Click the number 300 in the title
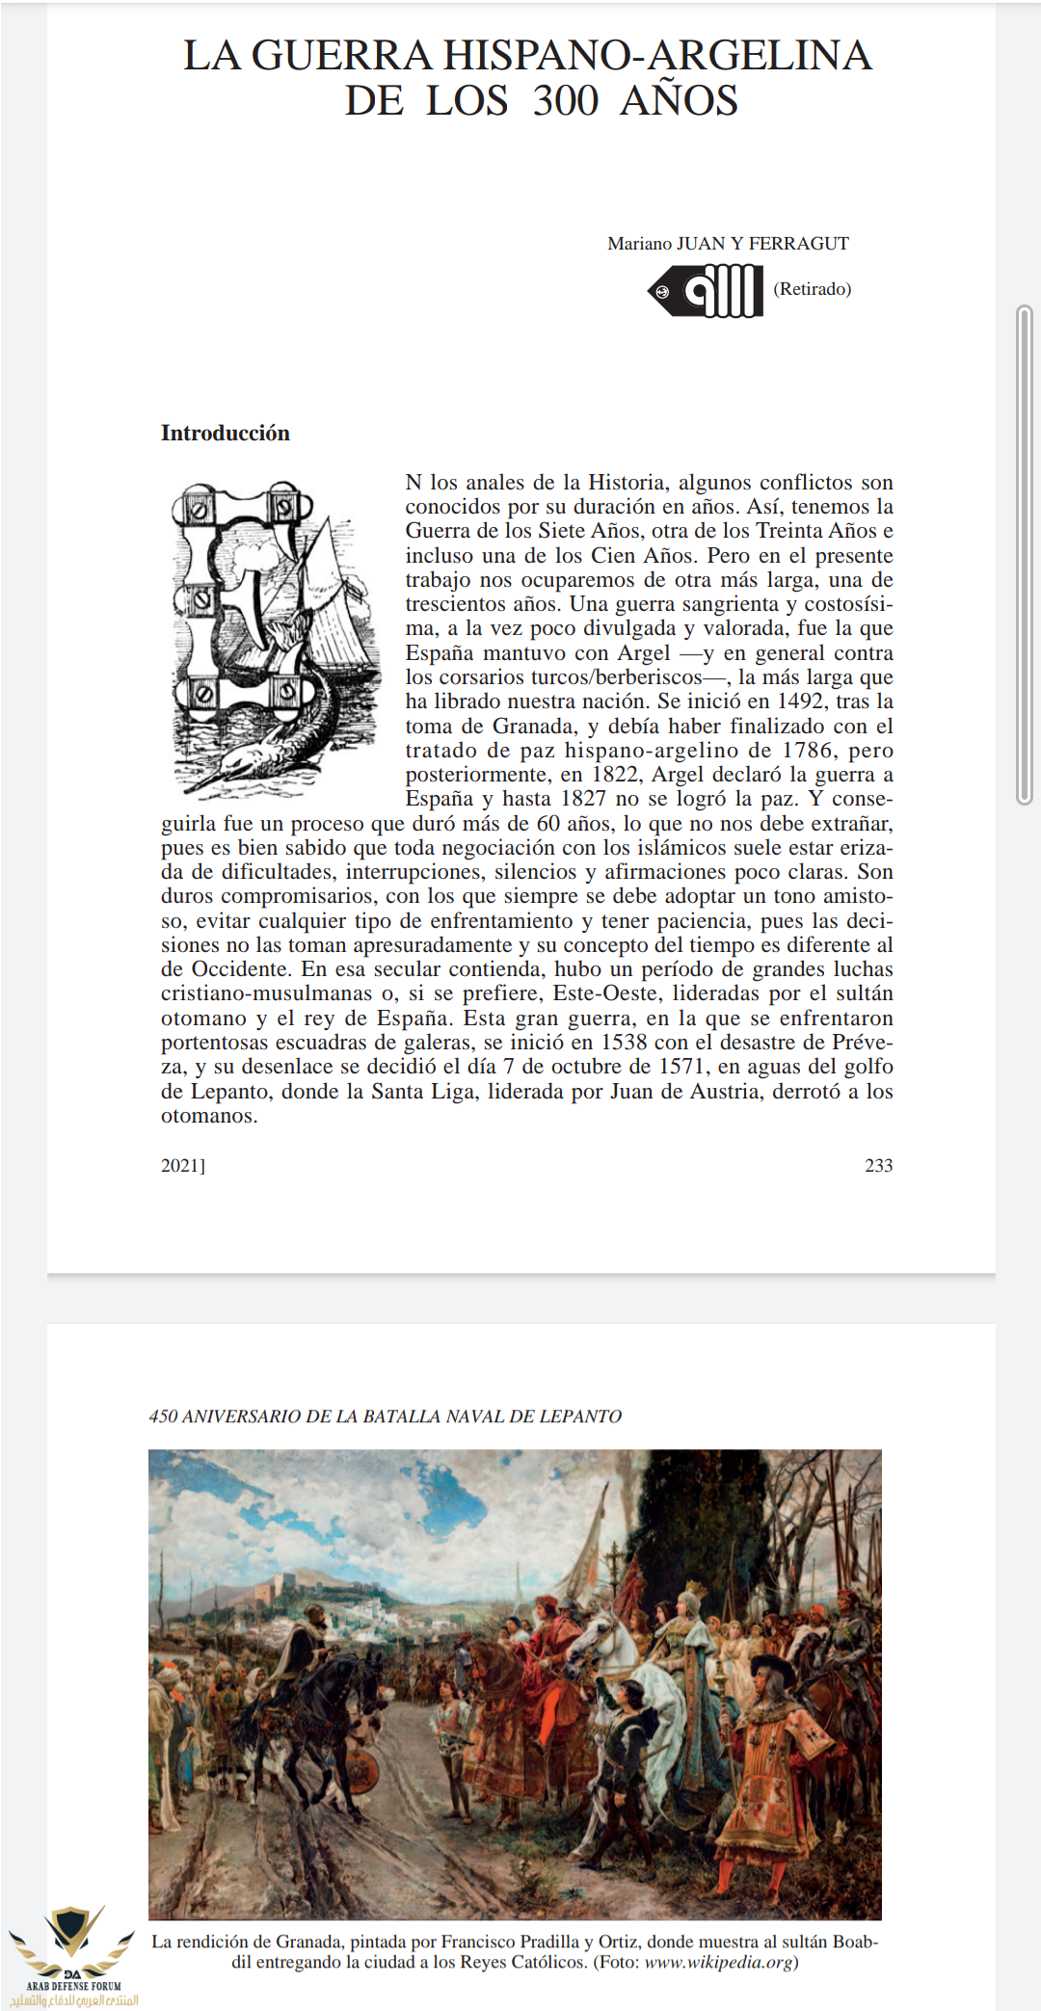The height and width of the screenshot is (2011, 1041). click(x=566, y=101)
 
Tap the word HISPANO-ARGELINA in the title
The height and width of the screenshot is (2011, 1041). click(x=657, y=56)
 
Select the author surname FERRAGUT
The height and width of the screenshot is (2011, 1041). click(x=799, y=244)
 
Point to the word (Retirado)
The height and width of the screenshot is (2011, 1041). click(x=813, y=289)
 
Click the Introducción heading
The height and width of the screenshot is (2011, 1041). click(x=225, y=434)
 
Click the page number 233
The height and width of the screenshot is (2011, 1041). click(x=878, y=1166)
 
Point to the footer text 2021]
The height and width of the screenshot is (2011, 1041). click(x=183, y=1166)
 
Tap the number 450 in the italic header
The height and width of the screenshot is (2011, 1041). click(x=163, y=1416)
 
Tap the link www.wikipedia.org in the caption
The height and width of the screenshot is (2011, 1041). click(x=718, y=1963)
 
